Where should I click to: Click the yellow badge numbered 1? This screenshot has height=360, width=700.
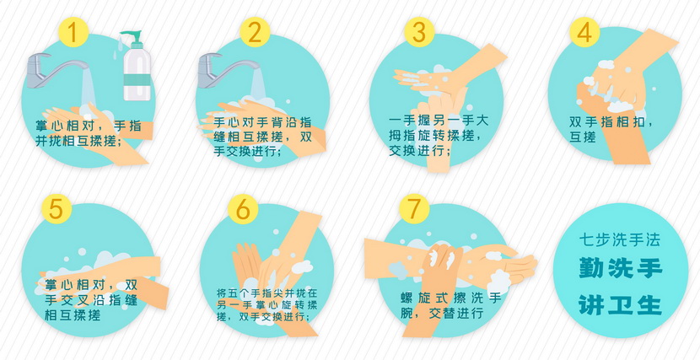pos(73,32)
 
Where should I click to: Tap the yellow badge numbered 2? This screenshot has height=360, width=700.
pos(255,32)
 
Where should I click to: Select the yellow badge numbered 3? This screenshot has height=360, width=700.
pos(420,32)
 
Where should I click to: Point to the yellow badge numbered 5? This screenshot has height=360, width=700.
pos(57,209)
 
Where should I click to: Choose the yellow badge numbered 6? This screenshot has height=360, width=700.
pos(243,209)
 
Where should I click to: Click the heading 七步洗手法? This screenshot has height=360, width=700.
pos(620,240)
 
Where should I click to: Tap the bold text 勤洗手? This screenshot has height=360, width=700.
pos(621,269)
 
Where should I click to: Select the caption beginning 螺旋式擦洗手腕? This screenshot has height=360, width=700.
pos(451,305)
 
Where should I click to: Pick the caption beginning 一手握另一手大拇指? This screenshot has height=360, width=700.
pos(439,136)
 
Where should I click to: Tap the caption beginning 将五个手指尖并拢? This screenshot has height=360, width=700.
pos(267,305)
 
